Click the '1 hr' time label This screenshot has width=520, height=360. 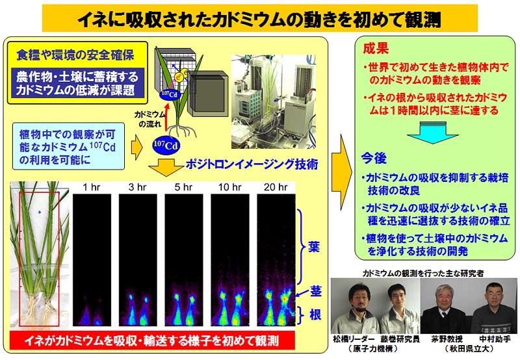coord(91,187)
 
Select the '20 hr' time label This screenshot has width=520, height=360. coord(275,187)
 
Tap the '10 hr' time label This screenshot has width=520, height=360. coord(229,187)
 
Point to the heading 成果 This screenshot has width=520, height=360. coord(376,49)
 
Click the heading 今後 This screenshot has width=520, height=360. coord(374,159)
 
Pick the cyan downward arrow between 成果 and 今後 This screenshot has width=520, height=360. coord(432,133)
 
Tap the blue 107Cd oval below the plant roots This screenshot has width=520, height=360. coord(166,145)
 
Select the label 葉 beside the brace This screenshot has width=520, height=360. coord(313,248)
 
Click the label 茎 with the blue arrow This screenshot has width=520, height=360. coord(316,290)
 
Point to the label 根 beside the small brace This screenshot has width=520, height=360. coord(315,314)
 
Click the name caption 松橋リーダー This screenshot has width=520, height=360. coord(354,339)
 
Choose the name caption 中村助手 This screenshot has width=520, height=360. coord(495,339)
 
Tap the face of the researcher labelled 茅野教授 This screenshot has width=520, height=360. coord(444,296)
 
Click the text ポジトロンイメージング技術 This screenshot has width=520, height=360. coord(252,164)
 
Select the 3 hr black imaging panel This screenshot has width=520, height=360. coord(138,259)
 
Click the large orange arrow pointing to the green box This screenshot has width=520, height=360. coord(342,172)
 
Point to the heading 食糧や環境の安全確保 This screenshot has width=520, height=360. coord(75,55)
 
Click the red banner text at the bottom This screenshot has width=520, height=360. coord(151,341)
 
